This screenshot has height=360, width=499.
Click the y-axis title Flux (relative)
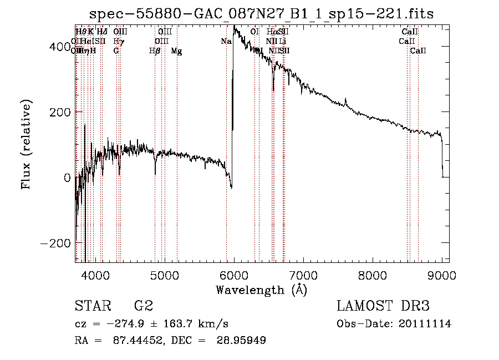click(26, 144)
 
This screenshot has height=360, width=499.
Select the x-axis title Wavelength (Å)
click(261, 290)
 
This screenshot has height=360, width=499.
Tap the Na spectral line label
click(226, 42)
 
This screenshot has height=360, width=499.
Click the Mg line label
click(176, 51)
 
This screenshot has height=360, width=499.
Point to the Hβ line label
click(155, 51)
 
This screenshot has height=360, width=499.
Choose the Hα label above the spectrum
click(271, 32)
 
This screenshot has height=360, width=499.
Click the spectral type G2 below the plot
click(143, 306)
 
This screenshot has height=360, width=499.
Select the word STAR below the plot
click(92, 306)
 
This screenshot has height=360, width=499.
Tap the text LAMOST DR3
click(383, 306)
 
